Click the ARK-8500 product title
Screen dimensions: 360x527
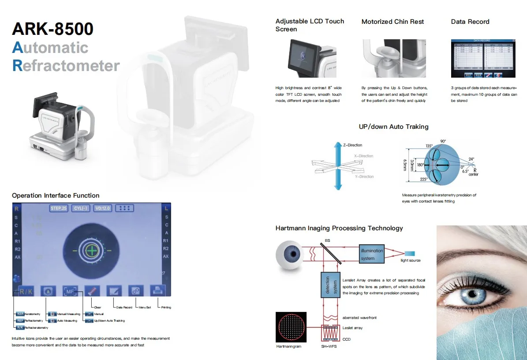pyautogui.click(x=52, y=29)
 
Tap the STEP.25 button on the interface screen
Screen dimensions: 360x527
pyautogui.click(x=58, y=208)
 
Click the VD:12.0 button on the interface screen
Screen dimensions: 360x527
pyautogui.click(x=103, y=208)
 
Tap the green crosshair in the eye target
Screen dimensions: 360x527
pyautogui.click(x=92, y=251)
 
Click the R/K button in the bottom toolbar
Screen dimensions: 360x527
pyautogui.click(x=25, y=291)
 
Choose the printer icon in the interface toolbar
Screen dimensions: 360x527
pyautogui.click(x=157, y=291)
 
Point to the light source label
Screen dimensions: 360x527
pyautogui.click(x=410, y=261)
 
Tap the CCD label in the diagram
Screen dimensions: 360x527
pyautogui.click(x=347, y=339)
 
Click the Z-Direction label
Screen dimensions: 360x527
pyautogui.click(x=352, y=145)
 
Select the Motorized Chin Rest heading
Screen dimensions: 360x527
pyautogui.click(x=392, y=22)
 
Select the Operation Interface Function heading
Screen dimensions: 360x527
pyautogui.click(x=56, y=195)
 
